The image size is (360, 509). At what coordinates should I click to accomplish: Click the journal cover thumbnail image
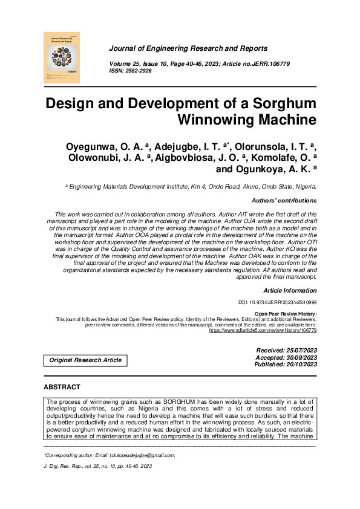click(62, 57)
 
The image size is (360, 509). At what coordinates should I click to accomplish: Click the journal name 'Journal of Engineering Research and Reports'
click(188, 48)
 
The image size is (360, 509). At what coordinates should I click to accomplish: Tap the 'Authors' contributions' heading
click(284, 201)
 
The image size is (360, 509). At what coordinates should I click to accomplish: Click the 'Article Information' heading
click(290, 291)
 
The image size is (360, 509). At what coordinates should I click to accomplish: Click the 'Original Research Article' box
click(85, 360)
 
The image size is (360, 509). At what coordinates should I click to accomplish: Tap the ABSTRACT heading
click(63, 386)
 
